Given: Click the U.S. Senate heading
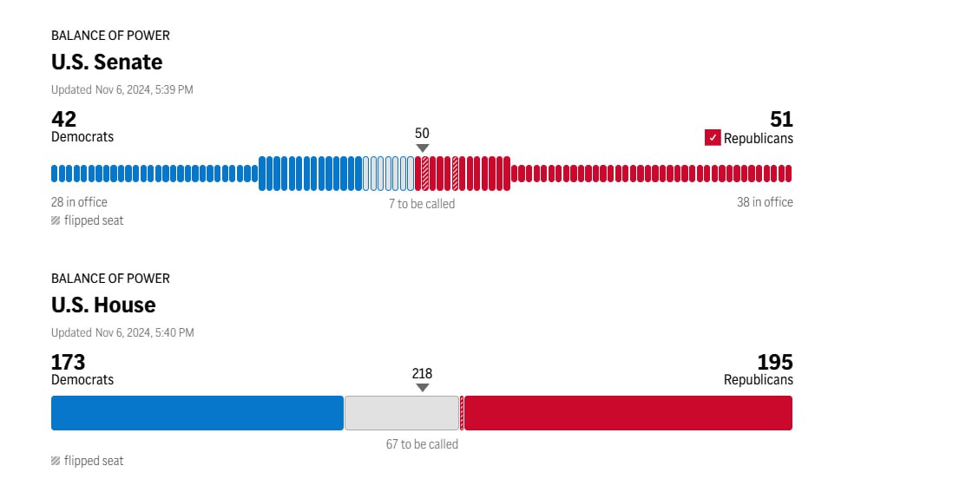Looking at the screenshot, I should (107, 62).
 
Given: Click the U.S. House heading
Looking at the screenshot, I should (103, 305).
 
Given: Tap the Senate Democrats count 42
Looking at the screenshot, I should (64, 119).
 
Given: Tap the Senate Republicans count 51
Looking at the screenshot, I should (781, 119).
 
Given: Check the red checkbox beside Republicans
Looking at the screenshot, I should (713, 138).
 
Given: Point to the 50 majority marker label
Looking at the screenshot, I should (422, 133).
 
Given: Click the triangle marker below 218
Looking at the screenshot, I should (422, 388).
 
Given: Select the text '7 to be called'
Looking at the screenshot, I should (422, 204).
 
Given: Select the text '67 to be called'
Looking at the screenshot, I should (422, 444).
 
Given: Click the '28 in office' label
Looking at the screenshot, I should (79, 202).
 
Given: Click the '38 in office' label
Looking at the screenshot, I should (765, 202).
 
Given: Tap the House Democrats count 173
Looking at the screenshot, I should (69, 362).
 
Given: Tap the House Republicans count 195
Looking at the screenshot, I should (775, 362).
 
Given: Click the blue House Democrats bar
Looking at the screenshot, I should (197, 413).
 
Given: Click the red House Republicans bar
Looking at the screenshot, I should (628, 413).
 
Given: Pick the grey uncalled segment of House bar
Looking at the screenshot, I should (401, 413).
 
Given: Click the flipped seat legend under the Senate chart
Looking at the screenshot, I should (88, 220).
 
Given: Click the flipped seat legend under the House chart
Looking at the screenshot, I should (88, 461).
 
